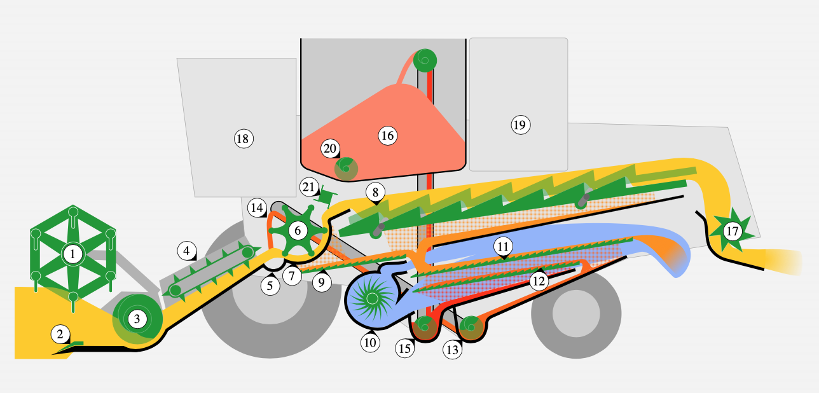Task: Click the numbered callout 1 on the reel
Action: tap(73, 254)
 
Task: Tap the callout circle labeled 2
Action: tap(60, 333)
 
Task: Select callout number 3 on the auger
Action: tap(137, 319)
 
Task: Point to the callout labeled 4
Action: tap(186, 251)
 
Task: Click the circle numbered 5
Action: tap(270, 286)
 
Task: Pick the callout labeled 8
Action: tap(375, 191)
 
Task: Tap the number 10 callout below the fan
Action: tap(370, 342)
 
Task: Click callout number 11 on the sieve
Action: tap(504, 245)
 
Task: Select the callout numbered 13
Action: tap(452, 348)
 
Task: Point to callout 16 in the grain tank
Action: tap(387, 135)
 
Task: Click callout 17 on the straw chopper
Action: tap(732, 231)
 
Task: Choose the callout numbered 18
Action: tap(244, 138)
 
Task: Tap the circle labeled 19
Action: tap(520, 125)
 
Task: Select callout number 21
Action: tap(308, 187)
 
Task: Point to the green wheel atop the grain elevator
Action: tap(425, 60)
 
